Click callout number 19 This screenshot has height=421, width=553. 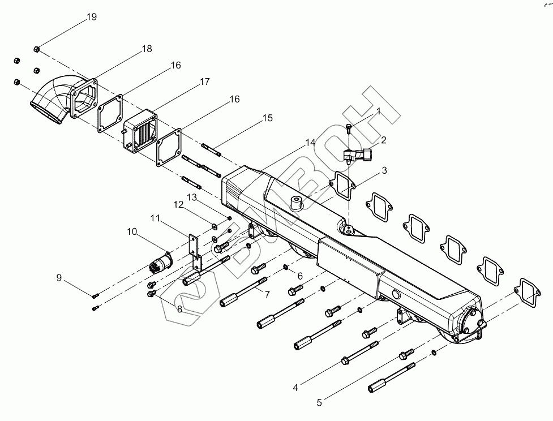point(92,17)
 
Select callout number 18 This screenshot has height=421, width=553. point(147,49)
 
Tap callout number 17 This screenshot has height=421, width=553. point(204,81)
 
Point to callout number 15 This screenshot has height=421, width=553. point(268,118)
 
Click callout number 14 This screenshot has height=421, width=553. point(310,143)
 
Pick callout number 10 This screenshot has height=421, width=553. point(132,231)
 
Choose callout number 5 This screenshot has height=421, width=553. point(319,402)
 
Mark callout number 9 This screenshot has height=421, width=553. point(59,278)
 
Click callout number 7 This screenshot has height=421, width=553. point(267,294)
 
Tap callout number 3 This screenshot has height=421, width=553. point(384,170)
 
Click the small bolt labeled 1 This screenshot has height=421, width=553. point(349,128)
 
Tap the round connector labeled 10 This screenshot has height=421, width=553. point(161,262)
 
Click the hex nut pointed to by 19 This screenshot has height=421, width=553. point(36,49)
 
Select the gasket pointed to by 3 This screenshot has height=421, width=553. point(342,186)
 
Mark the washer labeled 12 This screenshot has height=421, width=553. point(215,225)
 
